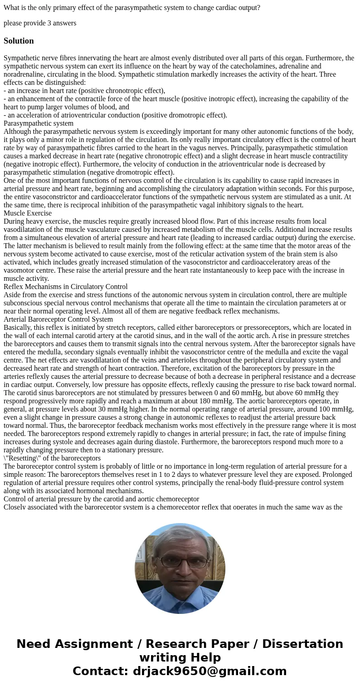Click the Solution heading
19,41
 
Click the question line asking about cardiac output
132,7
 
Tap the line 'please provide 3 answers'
40,23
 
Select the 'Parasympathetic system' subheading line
39,123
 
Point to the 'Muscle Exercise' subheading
28,213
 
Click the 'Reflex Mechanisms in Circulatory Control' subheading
66,286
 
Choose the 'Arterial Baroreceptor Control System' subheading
58,319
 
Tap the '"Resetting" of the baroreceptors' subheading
52,458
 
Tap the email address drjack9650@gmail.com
210,671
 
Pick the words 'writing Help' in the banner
180,657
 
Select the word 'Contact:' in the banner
101,671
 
